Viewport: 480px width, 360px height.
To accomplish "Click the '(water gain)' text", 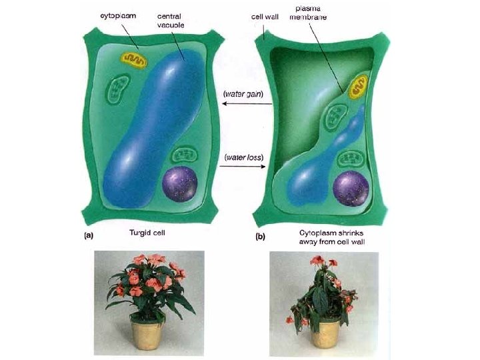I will point(243,95).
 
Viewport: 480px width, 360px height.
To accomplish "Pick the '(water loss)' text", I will point(243,158).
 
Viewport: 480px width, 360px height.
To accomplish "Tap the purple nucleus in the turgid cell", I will point(180,185).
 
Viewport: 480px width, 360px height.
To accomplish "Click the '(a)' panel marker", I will point(87,235).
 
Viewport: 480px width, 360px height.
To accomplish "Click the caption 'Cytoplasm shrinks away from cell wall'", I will point(327,237).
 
